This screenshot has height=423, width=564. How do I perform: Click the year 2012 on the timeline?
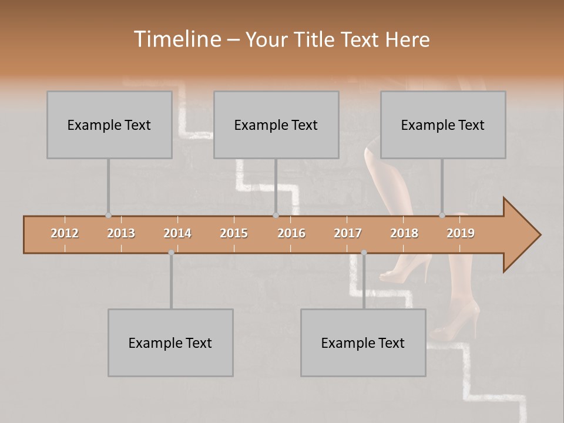tap(65, 233)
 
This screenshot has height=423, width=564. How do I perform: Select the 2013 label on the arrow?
tap(121, 233)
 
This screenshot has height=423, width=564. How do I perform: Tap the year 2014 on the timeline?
tap(177, 233)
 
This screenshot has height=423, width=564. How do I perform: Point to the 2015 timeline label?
tap(234, 233)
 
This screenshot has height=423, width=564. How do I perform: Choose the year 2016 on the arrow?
tap(291, 233)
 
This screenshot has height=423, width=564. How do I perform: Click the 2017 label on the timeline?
tap(348, 233)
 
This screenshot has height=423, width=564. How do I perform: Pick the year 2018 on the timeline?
tap(404, 233)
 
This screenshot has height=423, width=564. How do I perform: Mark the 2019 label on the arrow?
tap(461, 233)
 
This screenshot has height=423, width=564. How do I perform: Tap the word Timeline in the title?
tap(176, 39)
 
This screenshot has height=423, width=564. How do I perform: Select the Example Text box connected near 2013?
tap(109, 125)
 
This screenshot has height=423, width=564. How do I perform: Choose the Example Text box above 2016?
tap(276, 125)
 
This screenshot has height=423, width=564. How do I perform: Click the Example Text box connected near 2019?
tap(443, 125)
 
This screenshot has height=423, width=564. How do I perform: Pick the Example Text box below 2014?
tap(170, 343)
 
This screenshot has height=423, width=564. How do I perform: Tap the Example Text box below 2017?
tap(363, 343)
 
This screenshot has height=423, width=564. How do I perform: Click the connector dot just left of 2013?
tap(108, 216)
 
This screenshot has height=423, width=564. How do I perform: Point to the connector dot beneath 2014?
tap(171, 253)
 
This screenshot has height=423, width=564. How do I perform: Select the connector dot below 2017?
tap(364, 253)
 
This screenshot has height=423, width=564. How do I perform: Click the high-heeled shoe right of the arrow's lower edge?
tap(405, 267)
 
